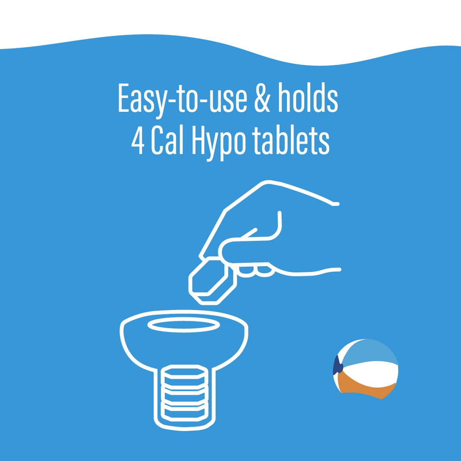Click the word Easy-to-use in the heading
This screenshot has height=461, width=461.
click(x=182, y=99)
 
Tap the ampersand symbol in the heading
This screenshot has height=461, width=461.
click(x=262, y=98)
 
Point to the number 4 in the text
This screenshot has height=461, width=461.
click(x=138, y=141)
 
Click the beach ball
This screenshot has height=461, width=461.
click(x=365, y=369)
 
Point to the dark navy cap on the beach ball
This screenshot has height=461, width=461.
click(x=338, y=365)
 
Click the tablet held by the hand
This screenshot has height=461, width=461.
click(x=212, y=281)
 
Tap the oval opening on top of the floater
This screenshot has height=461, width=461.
click(x=183, y=326)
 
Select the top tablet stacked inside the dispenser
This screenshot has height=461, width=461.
click(x=184, y=375)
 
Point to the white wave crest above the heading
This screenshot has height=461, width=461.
click(x=231, y=29)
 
